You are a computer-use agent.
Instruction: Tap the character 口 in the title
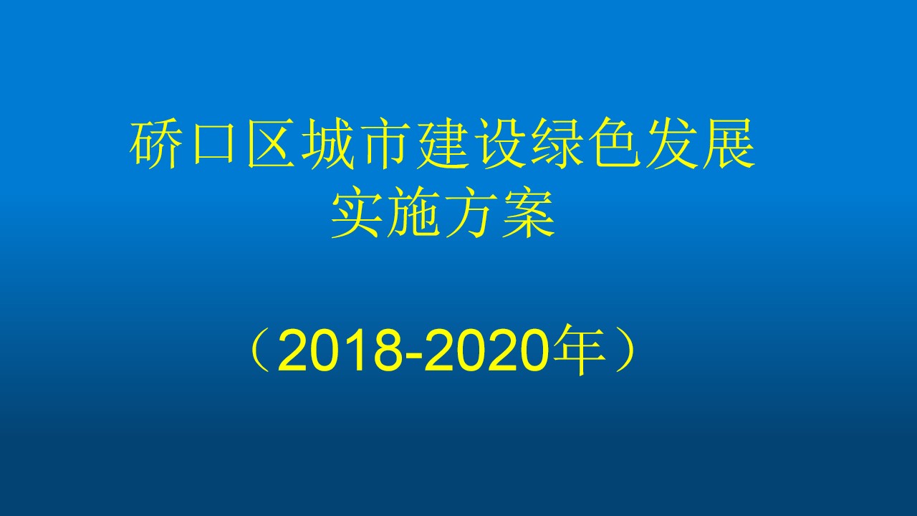(x=213, y=143)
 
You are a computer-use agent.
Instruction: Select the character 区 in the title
(x=272, y=143)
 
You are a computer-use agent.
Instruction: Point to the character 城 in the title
(x=328, y=143)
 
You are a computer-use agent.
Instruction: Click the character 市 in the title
(x=386, y=143)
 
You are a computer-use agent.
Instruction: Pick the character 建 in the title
(x=443, y=143)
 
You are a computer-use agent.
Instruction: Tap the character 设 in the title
(x=500, y=143)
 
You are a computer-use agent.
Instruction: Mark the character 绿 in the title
(x=557, y=143)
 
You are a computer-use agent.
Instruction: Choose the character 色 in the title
(x=615, y=143)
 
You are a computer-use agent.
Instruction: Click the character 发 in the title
(x=672, y=143)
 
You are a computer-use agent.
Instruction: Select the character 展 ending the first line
(x=729, y=143)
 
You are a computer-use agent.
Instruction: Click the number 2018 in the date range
(x=339, y=351)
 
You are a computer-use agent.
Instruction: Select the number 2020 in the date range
(x=486, y=351)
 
